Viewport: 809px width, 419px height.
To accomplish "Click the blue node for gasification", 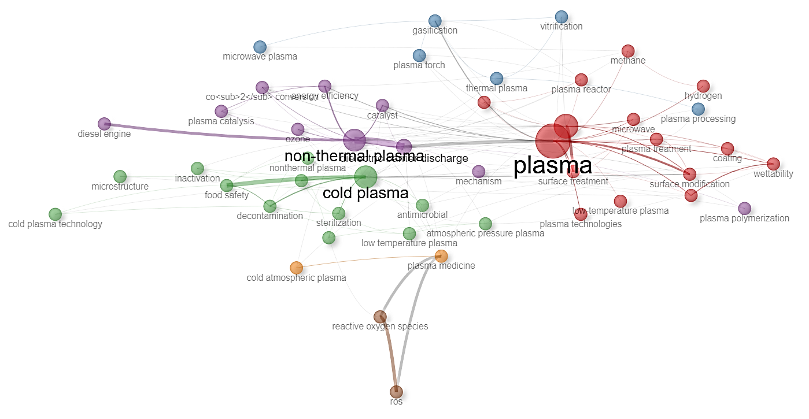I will (435, 21).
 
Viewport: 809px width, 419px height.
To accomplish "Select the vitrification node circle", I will (561, 17).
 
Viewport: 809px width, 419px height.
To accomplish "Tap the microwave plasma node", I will (260, 47).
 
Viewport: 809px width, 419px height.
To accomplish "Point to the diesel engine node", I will (104, 124).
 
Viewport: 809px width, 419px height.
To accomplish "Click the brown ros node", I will (396, 392).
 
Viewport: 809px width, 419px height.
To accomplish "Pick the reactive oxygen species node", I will (380, 316).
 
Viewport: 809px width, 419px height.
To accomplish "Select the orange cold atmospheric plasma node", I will (296, 268).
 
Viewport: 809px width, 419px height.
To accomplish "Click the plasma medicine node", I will (441, 256).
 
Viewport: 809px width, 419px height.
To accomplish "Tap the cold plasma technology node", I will (55, 214).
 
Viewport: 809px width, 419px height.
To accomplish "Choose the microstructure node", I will (120, 176).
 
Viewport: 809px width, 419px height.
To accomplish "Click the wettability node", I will (773, 164).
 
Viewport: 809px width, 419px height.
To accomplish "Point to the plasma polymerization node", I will (744, 208).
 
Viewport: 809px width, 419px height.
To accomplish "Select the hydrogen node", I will (703, 86).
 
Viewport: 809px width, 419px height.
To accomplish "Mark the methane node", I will (628, 51).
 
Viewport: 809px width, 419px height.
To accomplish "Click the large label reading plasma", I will (552, 166).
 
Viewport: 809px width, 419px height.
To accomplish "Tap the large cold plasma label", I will (365, 193).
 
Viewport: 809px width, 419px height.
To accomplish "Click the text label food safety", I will (227, 195).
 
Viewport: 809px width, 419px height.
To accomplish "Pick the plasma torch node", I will (419, 55).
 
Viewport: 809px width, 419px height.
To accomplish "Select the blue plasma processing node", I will (698, 109).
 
